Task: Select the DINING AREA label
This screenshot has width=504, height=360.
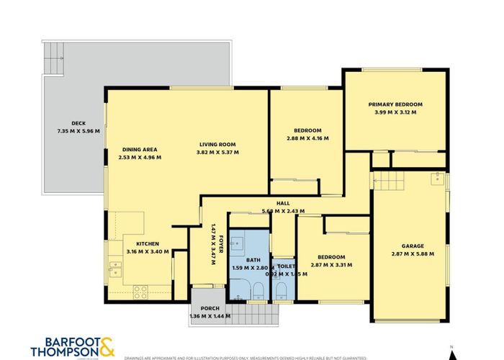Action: [140, 149]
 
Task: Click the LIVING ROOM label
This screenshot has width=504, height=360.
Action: [218, 144]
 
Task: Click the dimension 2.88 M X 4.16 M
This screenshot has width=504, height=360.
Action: [307, 138]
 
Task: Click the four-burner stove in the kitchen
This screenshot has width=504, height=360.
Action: [140, 292]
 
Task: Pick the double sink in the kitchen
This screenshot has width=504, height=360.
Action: [114, 269]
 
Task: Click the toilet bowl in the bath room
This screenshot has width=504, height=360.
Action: [258, 291]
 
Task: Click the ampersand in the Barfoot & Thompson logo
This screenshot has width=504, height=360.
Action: [106, 347]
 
